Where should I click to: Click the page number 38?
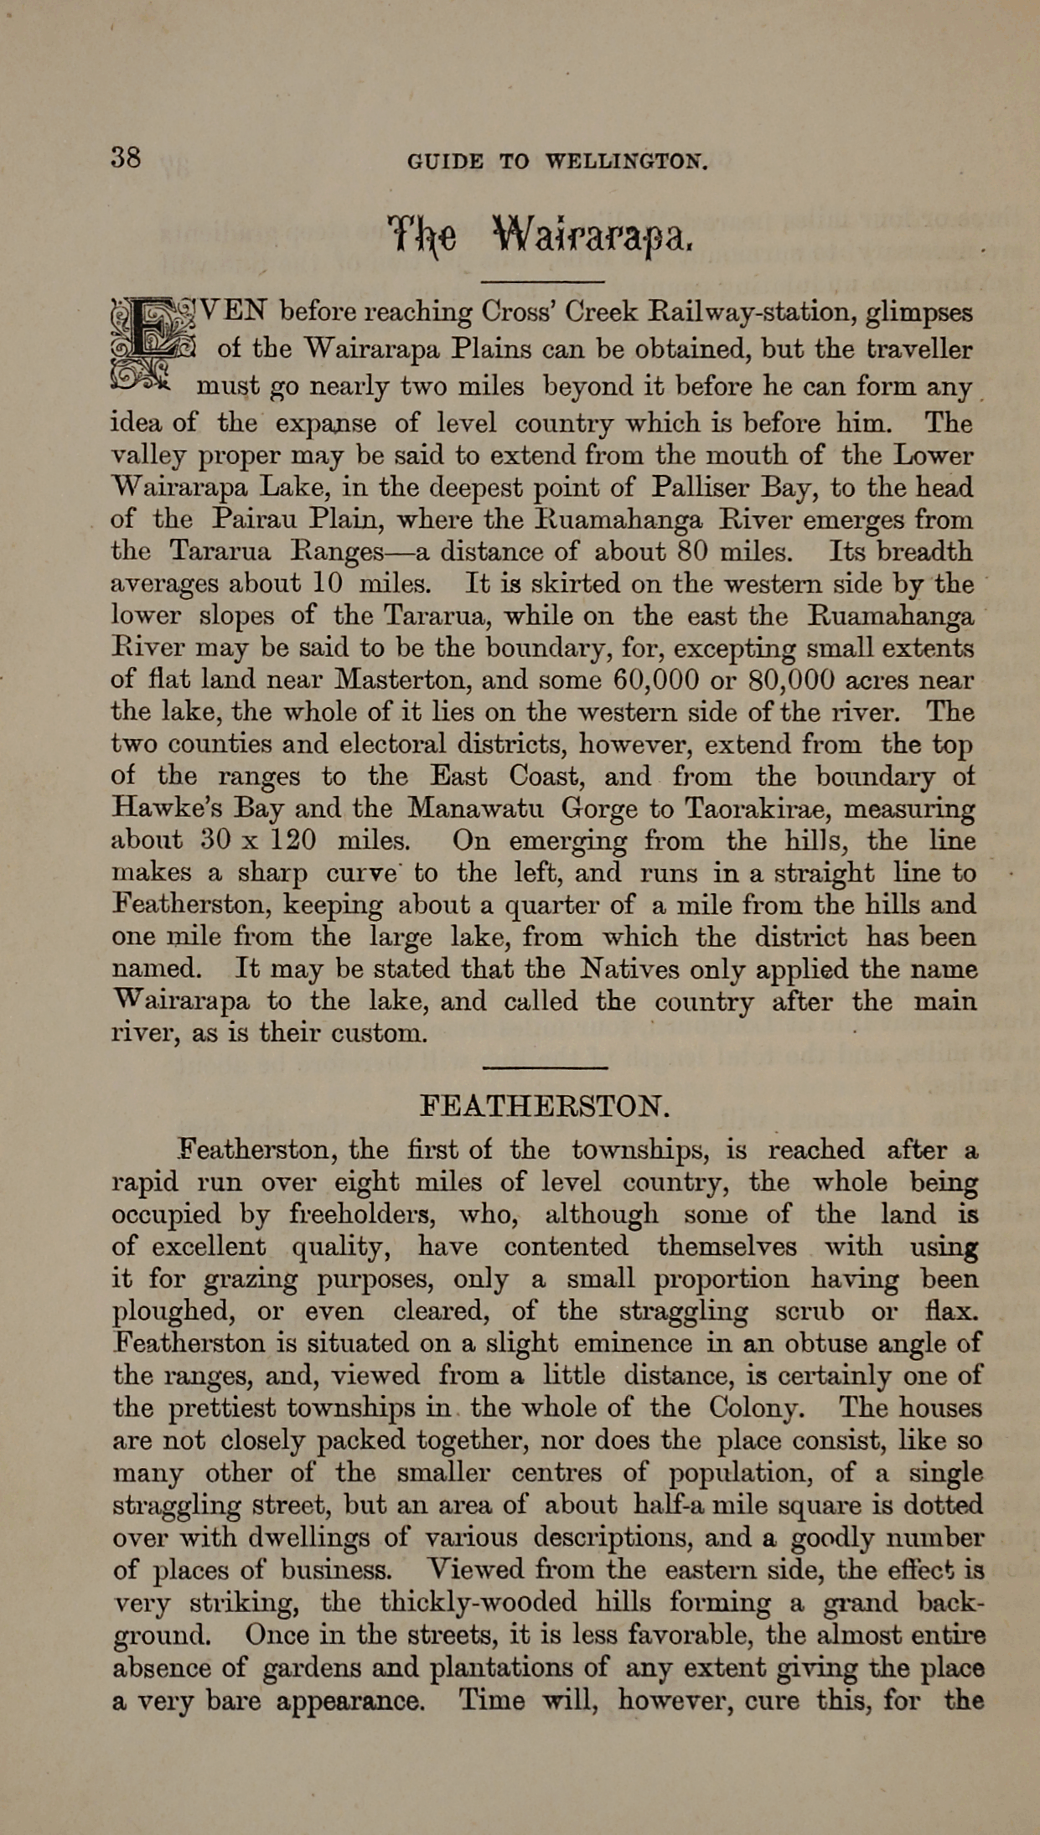click(126, 157)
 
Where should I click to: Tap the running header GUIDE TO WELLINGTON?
click(557, 161)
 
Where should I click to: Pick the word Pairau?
click(245, 519)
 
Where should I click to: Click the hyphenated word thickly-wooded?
click(477, 1603)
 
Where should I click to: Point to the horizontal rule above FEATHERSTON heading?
click(545, 1067)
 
